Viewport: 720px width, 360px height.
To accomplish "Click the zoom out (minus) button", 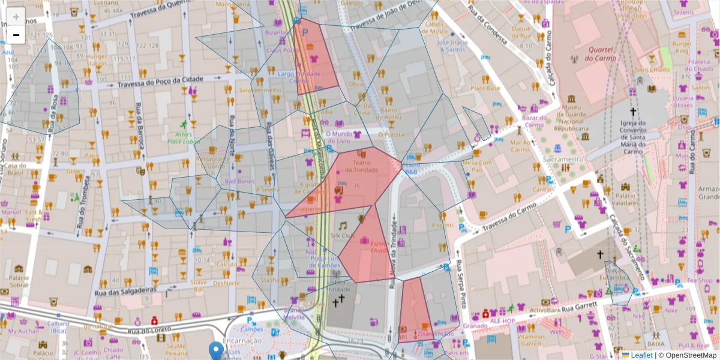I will pos(16,35).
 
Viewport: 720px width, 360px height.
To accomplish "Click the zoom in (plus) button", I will pos(16,17).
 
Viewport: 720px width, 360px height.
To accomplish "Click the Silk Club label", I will pos(343,236).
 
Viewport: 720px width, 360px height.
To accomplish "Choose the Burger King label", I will pos(682,47).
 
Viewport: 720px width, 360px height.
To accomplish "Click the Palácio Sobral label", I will pos(19,281).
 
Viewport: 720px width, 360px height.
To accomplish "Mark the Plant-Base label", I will pos(485,88).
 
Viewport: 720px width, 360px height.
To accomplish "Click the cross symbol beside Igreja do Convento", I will pos(632,112).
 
